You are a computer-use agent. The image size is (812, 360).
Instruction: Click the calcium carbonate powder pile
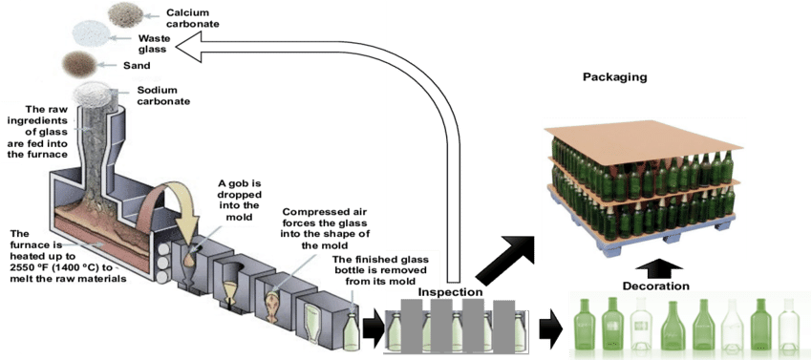click(125, 13)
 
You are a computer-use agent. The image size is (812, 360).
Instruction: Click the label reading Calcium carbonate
click(194, 18)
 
